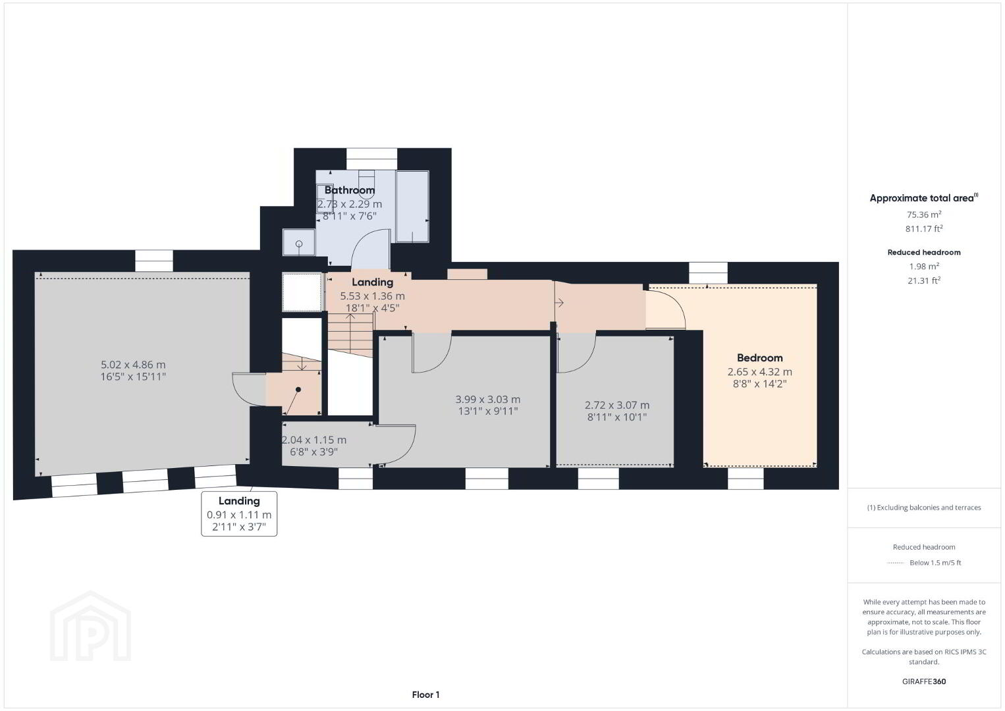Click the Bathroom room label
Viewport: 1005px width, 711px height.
coord(350,190)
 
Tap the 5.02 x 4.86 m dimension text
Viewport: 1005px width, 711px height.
coord(133,365)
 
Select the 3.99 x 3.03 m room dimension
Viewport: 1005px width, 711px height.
coord(488,399)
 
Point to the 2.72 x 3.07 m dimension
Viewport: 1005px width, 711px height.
coord(617,405)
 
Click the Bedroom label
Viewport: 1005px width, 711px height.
coord(759,358)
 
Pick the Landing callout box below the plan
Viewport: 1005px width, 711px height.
coord(239,513)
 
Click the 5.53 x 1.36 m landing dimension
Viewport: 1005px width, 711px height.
coord(372,296)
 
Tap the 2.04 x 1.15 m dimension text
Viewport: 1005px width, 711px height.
coord(314,440)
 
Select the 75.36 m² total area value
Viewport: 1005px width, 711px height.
coord(924,215)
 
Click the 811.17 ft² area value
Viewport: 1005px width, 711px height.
coord(924,228)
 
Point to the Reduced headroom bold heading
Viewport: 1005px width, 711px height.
coord(924,252)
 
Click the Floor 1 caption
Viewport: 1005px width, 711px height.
coord(426,695)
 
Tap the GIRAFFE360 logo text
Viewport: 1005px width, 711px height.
coord(924,681)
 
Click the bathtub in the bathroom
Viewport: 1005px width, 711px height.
coord(412,206)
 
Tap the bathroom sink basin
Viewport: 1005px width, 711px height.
coord(299,243)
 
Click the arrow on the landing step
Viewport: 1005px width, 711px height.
coord(559,303)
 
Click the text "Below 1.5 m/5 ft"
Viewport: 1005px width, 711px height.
coord(935,562)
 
